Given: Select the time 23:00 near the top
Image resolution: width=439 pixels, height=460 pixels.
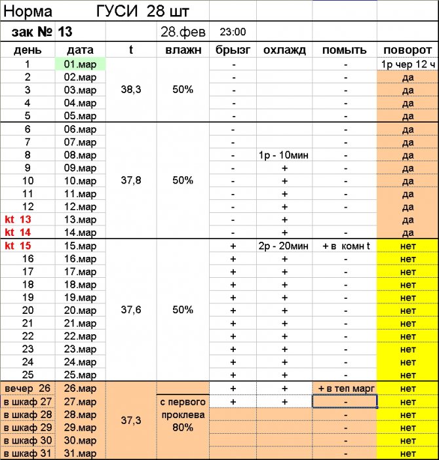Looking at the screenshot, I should click(233, 31).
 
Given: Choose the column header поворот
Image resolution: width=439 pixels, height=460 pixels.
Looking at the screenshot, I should click(408, 50).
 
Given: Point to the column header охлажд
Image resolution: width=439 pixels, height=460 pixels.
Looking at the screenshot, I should click(284, 50).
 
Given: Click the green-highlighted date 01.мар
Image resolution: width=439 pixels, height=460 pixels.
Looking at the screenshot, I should click(80, 64).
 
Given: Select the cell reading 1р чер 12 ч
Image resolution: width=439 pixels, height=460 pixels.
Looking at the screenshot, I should click(408, 64).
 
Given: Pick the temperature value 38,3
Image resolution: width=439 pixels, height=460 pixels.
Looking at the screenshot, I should click(131, 90).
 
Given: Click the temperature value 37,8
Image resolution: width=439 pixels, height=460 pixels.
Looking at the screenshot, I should click(131, 180).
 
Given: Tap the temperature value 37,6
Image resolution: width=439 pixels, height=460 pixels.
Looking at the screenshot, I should click(131, 309).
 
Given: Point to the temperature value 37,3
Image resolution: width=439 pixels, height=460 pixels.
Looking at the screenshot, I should click(131, 420).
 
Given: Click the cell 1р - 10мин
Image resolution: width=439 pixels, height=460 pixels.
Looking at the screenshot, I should click(284, 155).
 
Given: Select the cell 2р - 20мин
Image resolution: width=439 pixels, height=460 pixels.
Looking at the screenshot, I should click(284, 246).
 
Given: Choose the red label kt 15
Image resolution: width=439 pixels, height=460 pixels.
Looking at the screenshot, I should click(18, 246).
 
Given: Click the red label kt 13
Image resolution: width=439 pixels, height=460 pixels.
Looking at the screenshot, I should click(18, 220).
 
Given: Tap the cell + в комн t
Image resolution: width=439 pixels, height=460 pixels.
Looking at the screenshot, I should click(347, 246).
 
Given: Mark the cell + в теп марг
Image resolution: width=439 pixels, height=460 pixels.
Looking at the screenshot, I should click(345, 389).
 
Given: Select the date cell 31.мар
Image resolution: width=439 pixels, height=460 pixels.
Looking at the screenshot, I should click(80, 453).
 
